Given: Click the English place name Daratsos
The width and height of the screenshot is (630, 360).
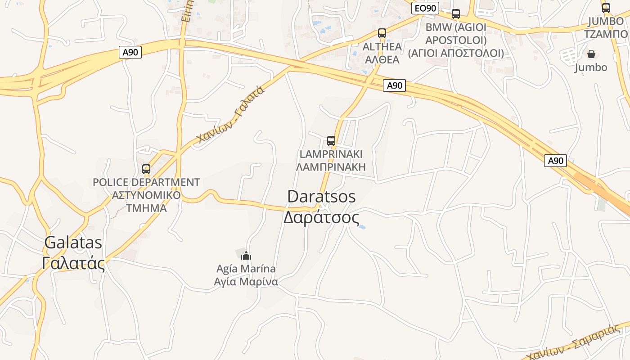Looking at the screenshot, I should (x=321, y=197).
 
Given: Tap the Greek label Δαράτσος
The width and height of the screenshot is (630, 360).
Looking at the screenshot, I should (x=321, y=218).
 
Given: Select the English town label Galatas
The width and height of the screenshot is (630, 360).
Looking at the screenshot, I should (x=73, y=243).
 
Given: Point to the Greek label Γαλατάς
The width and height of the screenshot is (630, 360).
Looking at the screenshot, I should (x=73, y=263).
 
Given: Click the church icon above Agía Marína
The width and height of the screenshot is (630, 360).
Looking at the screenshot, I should (x=246, y=256).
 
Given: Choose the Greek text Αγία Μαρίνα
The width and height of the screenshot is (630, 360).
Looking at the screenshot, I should (x=246, y=282).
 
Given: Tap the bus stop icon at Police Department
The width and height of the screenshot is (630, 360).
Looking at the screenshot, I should (x=146, y=169).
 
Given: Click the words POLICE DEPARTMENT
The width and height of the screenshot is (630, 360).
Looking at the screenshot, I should (x=146, y=182).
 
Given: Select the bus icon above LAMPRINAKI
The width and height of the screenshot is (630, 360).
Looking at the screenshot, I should (x=331, y=140).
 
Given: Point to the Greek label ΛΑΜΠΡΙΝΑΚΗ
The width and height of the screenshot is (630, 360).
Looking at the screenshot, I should (x=331, y=167).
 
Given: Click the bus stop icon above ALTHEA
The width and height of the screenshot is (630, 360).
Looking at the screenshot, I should (x=382, y=33).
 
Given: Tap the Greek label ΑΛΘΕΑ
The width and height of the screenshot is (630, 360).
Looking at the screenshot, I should (x=382, y=59).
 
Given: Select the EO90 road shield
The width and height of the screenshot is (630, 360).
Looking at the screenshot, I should (x=425, y=8).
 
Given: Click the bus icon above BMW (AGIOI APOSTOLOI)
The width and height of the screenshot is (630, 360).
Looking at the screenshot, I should (x=456, y=13).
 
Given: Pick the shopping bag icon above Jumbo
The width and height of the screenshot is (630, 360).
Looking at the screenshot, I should (x=591, y=54).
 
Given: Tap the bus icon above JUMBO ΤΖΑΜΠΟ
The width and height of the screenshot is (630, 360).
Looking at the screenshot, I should (x=606, y=8).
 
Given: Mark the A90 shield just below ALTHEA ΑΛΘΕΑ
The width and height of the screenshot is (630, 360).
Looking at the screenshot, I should (x=394, y=85).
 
